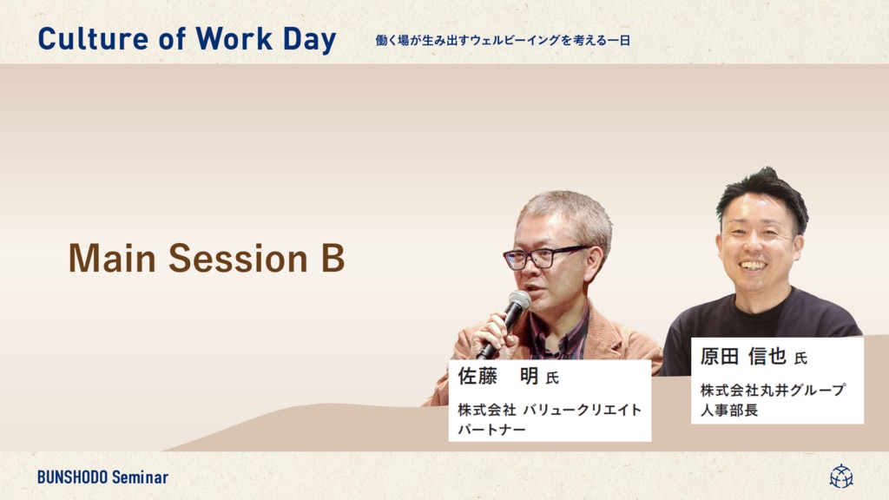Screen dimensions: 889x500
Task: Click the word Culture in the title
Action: (93, 39)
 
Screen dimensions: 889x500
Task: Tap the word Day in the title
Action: (310, 41)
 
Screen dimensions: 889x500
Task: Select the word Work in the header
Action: (234, 39)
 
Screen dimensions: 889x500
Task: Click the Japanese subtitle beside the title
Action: (503, 40)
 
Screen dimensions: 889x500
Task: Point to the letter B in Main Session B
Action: (333, 259)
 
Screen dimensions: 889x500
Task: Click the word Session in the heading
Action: (238, 259)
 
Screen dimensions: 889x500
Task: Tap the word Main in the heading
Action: (112, 259)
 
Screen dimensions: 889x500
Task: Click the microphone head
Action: (518, 300)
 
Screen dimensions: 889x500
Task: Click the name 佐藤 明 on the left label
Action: (498, 376)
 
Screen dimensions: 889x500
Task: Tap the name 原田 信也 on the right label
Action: (743, 356)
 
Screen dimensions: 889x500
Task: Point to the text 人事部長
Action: (729, 410)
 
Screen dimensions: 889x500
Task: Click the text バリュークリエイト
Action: (583, 410)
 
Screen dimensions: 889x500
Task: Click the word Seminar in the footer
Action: (140, 477)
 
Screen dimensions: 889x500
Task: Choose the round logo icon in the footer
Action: (841, 477)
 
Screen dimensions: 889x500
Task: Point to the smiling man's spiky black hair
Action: (763, 192)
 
